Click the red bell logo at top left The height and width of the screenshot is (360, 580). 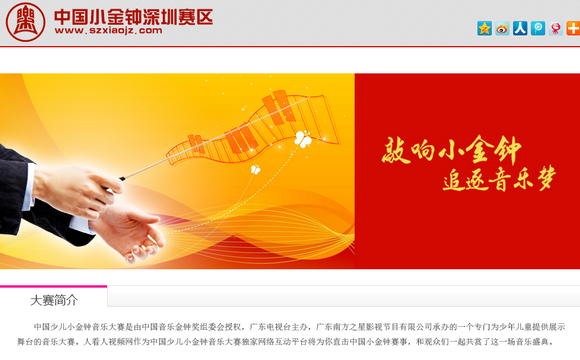[25, 21]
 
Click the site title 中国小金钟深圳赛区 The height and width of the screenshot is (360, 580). [134, 16]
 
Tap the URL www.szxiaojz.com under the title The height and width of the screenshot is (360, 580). [108, 31]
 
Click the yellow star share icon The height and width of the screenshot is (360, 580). [485, 29]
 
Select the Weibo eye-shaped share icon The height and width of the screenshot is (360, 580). [502, 29]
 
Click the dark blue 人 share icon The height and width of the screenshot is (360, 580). [520, 29]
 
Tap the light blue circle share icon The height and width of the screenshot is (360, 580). [538, 29]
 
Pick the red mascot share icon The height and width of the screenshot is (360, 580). [555, 29]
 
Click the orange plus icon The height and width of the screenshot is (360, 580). [572, 29]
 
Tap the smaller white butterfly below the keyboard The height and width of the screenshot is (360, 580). [255, 171]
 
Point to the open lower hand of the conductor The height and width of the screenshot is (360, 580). [125, 235]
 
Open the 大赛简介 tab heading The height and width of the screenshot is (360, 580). [54, 299]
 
